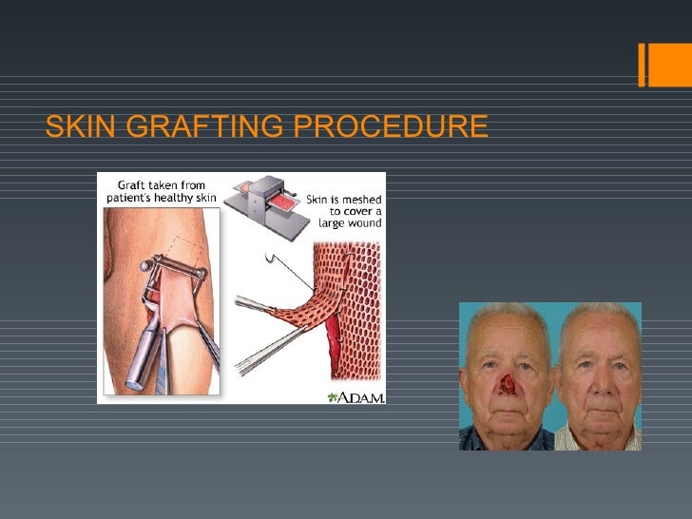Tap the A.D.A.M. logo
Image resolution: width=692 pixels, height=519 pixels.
tap(356, 396)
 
